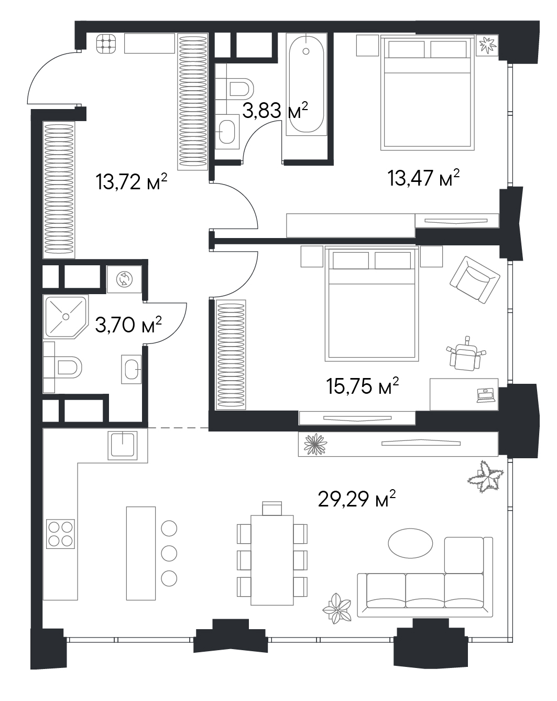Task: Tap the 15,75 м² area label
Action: point(362,386)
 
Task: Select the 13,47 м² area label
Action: point(423,178)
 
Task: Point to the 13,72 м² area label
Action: point(131,181)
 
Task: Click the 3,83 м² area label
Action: point(275,110)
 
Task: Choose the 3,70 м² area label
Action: point(128,325)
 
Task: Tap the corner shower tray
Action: point(66,317)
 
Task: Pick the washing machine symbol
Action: point(124,279)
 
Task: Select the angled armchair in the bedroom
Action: point(475,279)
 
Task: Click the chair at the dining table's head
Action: point(272,509)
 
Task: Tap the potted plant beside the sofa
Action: point(337,608)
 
